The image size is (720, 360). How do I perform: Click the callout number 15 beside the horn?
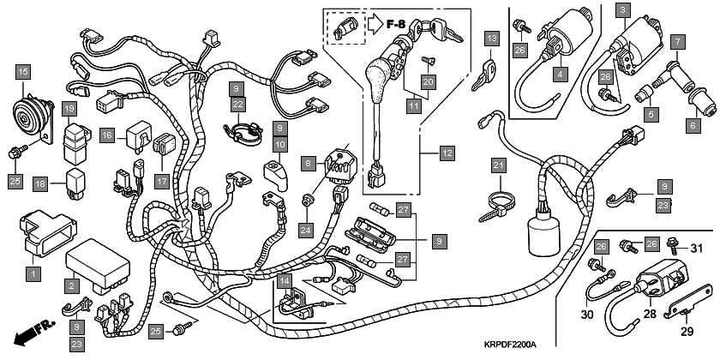coord(22,72)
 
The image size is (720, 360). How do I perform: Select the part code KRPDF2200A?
coord(510,345)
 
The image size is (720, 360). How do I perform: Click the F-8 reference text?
coord(396,24)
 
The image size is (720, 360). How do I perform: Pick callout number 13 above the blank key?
coord(492,39)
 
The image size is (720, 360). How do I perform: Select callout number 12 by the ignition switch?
coord(447,153)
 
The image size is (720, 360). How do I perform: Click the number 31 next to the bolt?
coord(697,249)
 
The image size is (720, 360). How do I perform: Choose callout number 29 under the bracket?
coord(687,331)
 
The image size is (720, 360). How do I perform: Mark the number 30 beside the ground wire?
coord(587,315)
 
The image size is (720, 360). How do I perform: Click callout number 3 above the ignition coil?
coord(622,9)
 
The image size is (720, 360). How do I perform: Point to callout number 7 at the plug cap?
coord(677,42)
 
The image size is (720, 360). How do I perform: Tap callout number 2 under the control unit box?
coord(71,286)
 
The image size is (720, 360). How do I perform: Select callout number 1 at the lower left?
coord(33,274)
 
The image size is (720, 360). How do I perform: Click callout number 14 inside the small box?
coord(285,281)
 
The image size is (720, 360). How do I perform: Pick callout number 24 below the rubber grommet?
coord(305,230)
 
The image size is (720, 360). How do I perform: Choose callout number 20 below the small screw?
coord(429,82)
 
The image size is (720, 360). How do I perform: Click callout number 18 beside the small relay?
coord(40,184)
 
